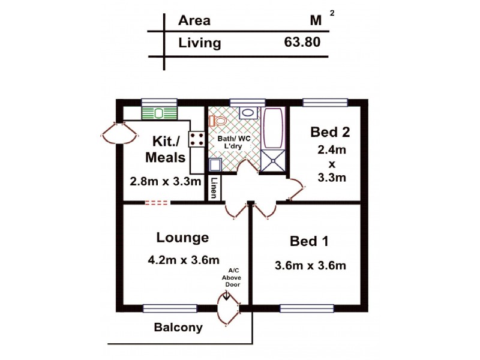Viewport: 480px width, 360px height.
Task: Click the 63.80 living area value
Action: (302, 43)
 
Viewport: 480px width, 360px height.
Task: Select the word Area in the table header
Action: (194, 20)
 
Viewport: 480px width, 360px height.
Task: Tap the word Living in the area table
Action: (200, 43)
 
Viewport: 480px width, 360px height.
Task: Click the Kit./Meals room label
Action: (166, 149)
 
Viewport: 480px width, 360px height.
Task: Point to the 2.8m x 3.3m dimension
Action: (165, 181)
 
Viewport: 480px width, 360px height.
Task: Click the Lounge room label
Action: (182, 238)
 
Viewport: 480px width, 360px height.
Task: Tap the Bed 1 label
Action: (309, 241)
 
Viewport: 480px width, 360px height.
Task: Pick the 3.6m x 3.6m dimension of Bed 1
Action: (310, 265)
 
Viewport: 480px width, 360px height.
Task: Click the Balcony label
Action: (178, 328)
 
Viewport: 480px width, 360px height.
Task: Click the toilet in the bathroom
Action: (218, 121)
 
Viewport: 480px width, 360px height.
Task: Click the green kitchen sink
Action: (160, 112)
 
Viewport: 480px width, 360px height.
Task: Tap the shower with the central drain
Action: (274, 160)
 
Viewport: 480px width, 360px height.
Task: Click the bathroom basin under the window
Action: (247, 113)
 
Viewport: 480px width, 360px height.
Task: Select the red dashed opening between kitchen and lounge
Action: (157, 203)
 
